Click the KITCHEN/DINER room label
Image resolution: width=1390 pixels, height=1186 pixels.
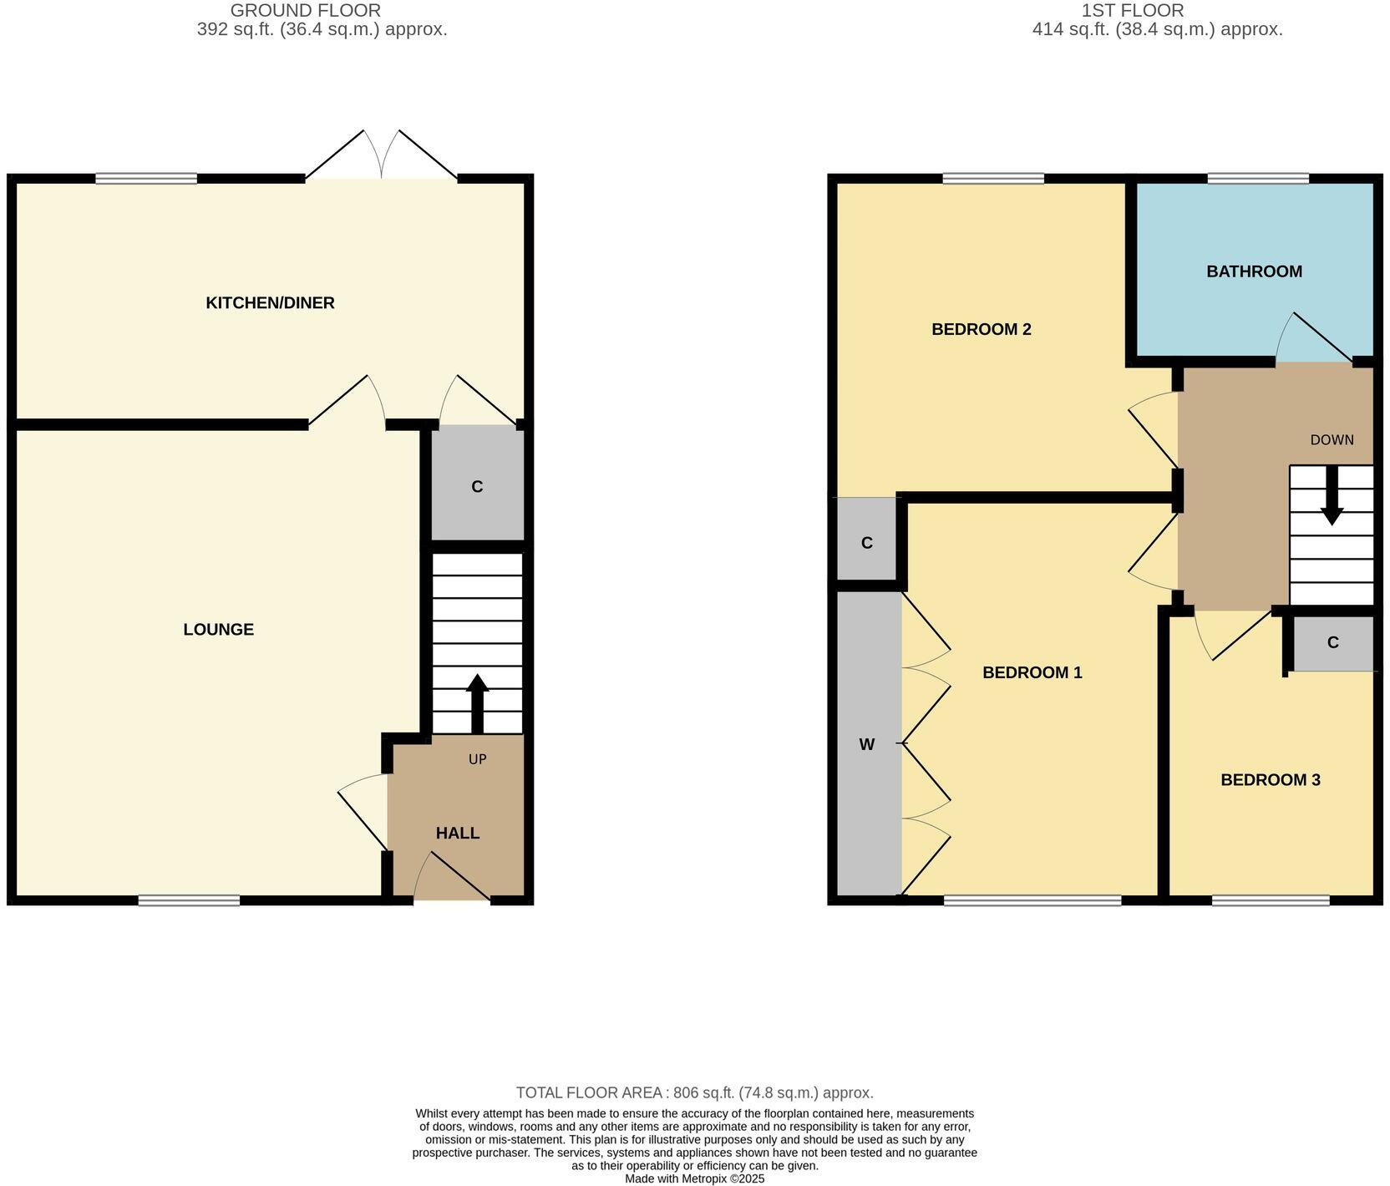click(x=270, y=303)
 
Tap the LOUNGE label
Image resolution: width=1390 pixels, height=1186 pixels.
click(x=218, y=630)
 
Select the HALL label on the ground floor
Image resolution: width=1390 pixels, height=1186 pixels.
click(x=457, y=834)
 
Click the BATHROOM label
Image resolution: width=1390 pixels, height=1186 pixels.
click(x=1253, y=271)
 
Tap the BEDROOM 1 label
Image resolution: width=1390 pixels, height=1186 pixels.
click(x=1032, y=672)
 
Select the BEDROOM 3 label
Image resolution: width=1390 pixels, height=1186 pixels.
click(x=1270, y=780)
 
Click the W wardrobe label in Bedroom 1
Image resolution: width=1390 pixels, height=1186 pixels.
click(x=867, y=744)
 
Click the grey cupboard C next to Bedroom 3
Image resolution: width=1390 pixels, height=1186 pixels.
click(x=1332, y=642)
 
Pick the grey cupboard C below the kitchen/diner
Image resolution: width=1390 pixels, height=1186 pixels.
click(x=477, y=486)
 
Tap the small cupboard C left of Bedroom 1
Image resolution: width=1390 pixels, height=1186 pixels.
click(x=866, y=543)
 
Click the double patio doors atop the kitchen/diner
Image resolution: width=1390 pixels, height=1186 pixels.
click(x=382, y=159)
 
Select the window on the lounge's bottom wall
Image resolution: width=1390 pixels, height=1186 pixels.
click(x=189, y=900)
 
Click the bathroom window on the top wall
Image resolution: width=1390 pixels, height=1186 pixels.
click(x=1257, y=178)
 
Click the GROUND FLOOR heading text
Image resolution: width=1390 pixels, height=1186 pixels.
click(x=305, y=11)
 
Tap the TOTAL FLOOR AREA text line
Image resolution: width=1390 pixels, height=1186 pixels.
click(x=694, y=1092)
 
